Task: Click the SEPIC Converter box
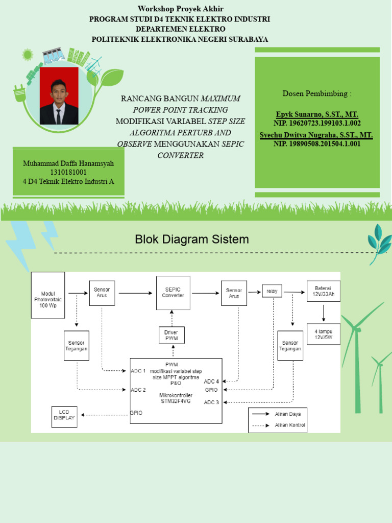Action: pos(173,293)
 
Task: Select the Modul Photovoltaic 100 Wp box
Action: pos(48,295)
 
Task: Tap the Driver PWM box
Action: pos(171,335)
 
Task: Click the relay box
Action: pos(272,292)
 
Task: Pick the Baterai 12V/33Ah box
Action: pos(323,291)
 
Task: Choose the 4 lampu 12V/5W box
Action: pos(323,334)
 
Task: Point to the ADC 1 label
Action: pos(138,370)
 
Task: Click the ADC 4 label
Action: pos(211,381)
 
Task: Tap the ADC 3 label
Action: pos(211,402)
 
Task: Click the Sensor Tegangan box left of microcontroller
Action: pos(77,345)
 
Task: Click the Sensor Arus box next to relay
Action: pos(234,293)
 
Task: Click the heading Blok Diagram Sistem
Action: pos(191,239)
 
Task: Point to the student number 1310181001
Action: pos(68,172)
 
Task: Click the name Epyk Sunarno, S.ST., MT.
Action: pos(316,114)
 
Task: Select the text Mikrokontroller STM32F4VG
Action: pos(176,398)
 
